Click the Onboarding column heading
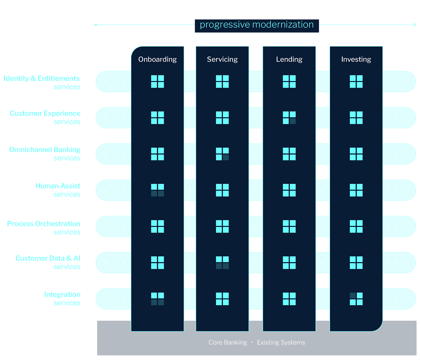coord(157,59)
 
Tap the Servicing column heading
coord(222,59)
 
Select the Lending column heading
coord(289,59)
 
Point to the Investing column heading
coord(356,59)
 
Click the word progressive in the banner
coord(225,25)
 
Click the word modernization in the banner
coord(283,25)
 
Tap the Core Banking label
coord(228,342)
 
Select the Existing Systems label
coord(281,342)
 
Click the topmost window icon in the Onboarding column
coord(157,81)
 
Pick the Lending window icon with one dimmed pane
coord(289,118)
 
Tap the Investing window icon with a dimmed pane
coord(356,299)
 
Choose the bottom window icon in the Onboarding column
coord(157,299)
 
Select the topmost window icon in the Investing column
coord(356,81)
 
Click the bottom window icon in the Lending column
coord(289,299)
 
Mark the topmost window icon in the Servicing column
coord(222,81)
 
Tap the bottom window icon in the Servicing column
coord(222,299)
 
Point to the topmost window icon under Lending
coord(289,81)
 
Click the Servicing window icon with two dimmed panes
coord(222,263)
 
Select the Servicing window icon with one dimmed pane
coord(222,154)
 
